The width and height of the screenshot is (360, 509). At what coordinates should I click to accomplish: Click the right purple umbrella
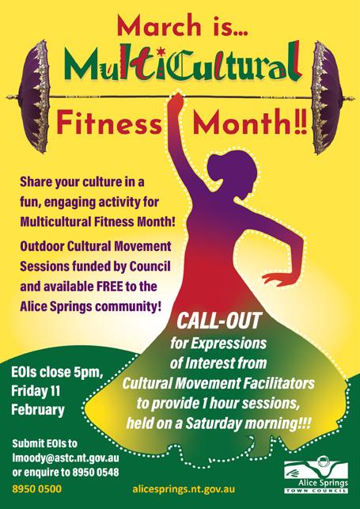[326, 97]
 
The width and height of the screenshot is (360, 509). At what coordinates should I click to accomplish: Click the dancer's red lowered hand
[275, 279]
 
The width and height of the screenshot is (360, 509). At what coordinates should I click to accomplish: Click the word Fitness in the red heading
[109, 122]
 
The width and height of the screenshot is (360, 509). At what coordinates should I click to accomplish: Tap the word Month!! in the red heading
[250, 122]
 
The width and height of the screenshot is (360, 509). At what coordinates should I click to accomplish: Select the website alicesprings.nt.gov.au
[184, 489]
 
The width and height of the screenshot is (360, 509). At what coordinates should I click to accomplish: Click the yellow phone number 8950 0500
[36, 488]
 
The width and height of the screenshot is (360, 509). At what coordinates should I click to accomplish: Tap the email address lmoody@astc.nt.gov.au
[66, 458]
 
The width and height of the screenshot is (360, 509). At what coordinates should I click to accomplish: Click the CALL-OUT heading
[218, 321]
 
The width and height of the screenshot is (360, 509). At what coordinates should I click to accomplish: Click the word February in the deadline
[38, 410]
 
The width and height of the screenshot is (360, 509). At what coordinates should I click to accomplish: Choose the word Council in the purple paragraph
[150, 266]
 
